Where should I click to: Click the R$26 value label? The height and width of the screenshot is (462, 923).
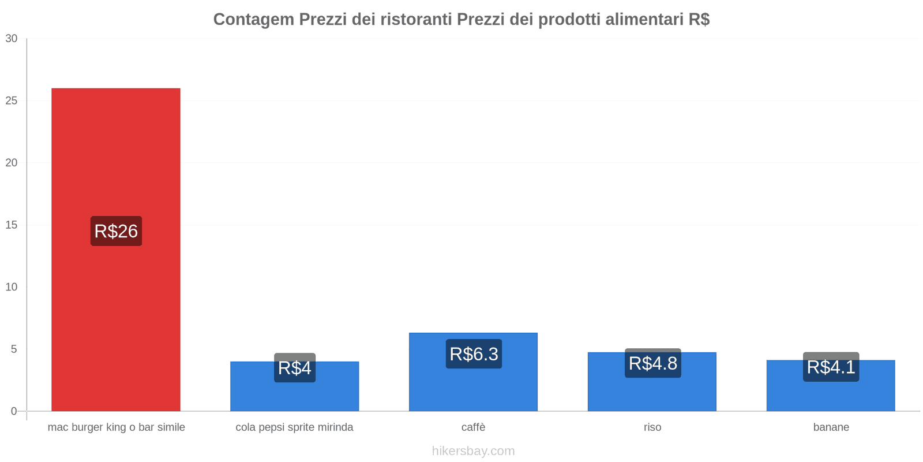tap(116, 231)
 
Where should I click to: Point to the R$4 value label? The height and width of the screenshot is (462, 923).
tap(294, 368)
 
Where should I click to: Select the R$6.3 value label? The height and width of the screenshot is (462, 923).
tap(474, 354)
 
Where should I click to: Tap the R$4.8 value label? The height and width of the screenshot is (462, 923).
tap(652, 363)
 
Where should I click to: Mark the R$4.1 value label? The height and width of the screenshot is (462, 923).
tap(831, 367)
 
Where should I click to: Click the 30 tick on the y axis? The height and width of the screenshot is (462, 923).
tap(12, 39)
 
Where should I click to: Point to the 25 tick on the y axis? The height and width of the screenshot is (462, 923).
tap(12, 101)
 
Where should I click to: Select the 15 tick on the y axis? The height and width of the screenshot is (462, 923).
tap(12, 225)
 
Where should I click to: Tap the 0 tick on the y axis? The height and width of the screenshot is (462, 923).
tap(14, 411)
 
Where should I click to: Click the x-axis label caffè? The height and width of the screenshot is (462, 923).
tap(473, 427)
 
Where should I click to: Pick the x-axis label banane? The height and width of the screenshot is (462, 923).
tap(831, 427)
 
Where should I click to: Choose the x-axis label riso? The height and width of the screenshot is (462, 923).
tap(652, 427)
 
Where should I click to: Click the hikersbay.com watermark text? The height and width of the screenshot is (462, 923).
tap(473, 451)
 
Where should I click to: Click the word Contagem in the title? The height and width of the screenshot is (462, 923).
tap(253, 20)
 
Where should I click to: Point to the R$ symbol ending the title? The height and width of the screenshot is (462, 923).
tap(699, 20)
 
